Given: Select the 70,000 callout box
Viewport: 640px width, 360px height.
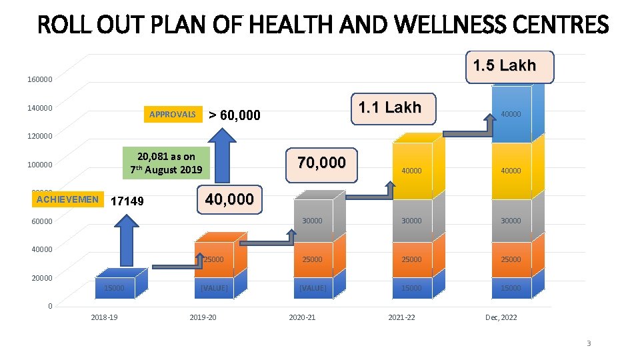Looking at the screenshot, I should (321, 163).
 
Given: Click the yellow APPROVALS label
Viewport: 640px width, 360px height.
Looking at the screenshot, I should (172, 115).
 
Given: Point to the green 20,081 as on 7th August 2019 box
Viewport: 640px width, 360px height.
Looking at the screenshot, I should (166, 163).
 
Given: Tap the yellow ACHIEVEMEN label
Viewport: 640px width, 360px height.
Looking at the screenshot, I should (67, 199).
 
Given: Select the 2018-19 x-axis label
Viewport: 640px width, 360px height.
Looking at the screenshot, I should (104, 317).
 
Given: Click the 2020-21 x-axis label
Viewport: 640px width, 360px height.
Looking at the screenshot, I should (302, 317).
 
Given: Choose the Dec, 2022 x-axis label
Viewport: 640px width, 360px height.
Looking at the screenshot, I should (500, 317).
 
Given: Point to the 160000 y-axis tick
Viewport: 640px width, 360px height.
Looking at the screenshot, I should (39, 80).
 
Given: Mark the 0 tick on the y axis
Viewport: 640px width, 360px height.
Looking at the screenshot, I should (49, 306).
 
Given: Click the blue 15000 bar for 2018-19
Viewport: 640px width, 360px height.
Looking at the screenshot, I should (114, 288).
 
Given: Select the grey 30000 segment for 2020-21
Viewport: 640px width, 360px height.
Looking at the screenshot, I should (311, 221).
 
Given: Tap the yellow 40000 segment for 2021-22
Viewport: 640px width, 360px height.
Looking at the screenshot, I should (411, 171).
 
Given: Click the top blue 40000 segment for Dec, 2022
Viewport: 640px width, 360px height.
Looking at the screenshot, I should (511, 114).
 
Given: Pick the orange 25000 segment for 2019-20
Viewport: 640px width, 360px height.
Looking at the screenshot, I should (213, 259).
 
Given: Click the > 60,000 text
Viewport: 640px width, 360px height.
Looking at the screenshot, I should (234, 116).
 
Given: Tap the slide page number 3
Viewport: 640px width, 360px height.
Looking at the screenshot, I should (588, 343).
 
